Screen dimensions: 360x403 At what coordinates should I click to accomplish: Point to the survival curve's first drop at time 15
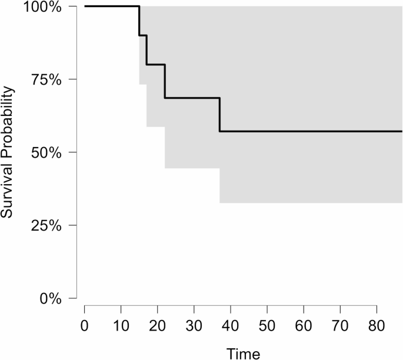pyautogui.click(x=139, y=21)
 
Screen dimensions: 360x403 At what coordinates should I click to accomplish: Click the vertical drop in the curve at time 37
pyautogui.click(x=219, y=115)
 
